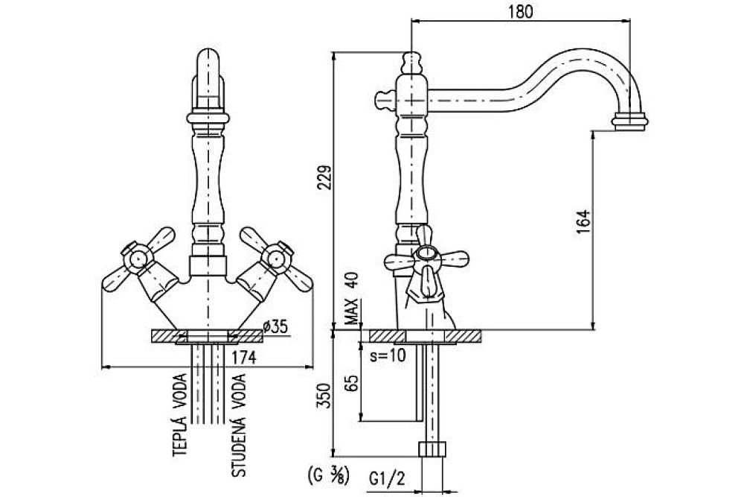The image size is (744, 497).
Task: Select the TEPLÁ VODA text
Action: [179, 414]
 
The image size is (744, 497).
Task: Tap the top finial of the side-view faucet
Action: [409, 60]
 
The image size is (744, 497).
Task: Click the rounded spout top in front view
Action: [211, 60]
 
